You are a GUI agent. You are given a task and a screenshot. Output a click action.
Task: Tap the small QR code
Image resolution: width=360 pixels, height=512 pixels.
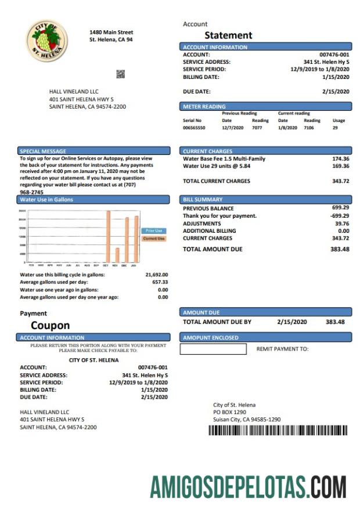120,74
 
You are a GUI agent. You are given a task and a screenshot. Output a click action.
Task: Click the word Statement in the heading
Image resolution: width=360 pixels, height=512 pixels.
228,35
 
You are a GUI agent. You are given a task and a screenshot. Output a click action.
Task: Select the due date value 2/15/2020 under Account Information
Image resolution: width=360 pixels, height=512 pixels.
336,91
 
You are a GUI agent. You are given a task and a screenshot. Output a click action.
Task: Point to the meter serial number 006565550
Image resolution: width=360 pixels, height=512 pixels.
195,128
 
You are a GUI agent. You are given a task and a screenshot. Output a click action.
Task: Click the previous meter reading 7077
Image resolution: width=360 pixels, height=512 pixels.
257,128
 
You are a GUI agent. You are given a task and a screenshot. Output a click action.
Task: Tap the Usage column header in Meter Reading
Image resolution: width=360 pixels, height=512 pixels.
339,121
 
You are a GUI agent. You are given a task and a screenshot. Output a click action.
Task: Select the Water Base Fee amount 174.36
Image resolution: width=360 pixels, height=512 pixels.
340,158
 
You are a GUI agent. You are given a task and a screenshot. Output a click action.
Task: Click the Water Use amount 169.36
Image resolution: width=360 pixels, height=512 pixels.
340,165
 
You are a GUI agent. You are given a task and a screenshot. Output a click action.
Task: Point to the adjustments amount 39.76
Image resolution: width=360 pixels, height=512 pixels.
341,223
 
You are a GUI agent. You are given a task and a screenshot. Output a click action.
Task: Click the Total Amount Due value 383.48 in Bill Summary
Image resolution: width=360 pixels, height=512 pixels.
340,249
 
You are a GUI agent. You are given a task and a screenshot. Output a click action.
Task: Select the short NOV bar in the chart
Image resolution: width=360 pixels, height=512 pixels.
117,255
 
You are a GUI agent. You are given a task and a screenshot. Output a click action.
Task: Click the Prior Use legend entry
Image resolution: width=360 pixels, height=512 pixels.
153,231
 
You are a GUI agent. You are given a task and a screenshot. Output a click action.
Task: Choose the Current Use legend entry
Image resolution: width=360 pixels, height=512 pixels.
153,239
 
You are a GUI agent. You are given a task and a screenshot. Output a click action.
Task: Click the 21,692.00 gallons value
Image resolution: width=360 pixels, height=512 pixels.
156,275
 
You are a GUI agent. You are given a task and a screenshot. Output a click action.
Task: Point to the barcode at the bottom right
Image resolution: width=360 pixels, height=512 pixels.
278,430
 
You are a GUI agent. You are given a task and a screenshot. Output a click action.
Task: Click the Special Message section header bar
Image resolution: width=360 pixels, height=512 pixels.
93,152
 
